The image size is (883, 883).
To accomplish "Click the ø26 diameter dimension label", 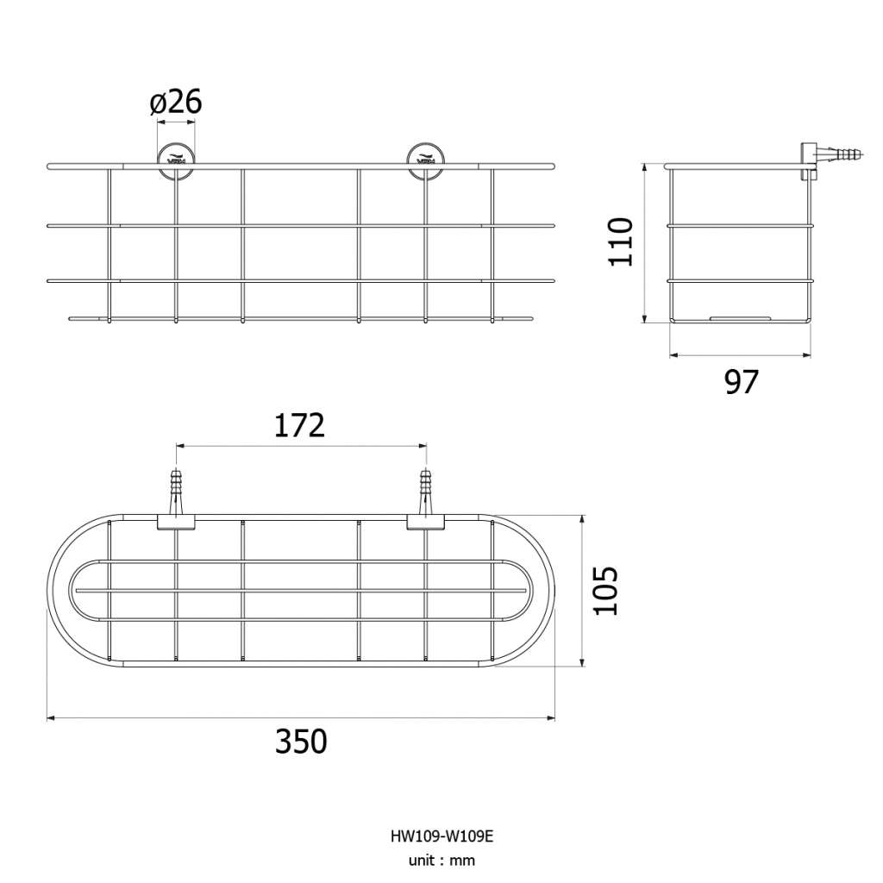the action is (176, 103).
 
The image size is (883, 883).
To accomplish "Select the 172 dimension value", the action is (299, 426).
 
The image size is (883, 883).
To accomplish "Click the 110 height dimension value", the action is (621, 241).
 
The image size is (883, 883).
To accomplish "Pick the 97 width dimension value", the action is (741, 382).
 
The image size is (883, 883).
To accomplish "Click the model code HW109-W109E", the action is (441, 836).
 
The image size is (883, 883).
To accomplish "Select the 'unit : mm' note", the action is (441, 861).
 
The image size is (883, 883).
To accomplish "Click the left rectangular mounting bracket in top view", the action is (176, 522).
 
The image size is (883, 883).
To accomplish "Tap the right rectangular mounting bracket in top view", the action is (426, 522).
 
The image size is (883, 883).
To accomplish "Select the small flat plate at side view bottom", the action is (740, 318).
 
